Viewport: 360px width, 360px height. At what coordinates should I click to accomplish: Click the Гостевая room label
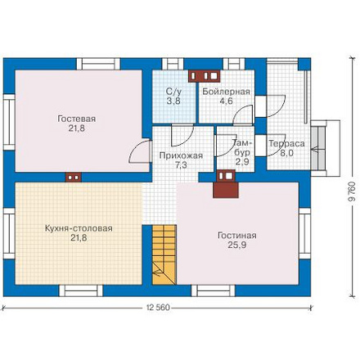point(77,119)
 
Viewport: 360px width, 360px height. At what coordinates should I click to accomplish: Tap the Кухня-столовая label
point(79,228)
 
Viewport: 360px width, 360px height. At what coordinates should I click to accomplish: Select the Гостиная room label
point(236,235)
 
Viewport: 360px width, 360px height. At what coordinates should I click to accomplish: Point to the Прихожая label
point(181,155)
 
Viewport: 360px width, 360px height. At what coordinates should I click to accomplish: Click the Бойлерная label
point(226,92)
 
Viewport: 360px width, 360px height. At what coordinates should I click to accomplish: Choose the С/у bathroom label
point(173,92)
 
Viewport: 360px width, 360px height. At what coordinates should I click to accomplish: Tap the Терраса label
point(286,143)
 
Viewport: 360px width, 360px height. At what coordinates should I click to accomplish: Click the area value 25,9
point(236,245)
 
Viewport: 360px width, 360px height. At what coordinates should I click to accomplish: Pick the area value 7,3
point(181,165)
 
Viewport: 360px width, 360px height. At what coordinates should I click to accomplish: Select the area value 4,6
point(227,101)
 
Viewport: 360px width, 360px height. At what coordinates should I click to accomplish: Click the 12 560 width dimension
point(158,308)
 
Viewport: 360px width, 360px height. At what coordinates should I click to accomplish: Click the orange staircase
point(164,254)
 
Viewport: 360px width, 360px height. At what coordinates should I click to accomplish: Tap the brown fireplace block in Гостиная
point(226,190)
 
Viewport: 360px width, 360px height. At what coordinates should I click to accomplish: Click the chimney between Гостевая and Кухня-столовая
point(74,178)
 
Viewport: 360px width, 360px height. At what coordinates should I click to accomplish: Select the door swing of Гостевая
point(139,151)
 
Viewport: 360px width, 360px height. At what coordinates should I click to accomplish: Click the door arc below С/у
point(182,136)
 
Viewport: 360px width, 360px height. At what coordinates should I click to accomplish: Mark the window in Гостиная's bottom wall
point(214,290)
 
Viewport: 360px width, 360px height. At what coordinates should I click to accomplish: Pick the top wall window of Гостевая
point(98,64)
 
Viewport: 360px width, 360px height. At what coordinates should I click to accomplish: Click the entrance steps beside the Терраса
point(318,148)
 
